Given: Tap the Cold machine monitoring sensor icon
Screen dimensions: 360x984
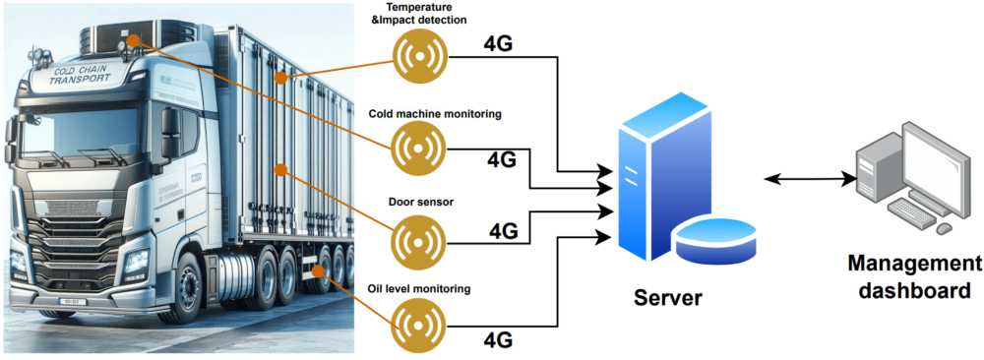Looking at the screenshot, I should coord(419,149).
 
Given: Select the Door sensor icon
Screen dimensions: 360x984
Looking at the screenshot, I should coord(419,238).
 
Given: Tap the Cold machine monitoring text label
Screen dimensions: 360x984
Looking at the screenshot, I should coord(435,114).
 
